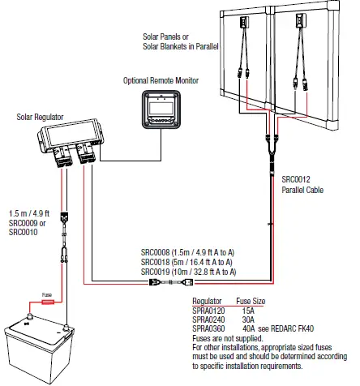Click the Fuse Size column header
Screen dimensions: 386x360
click(251, 299)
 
